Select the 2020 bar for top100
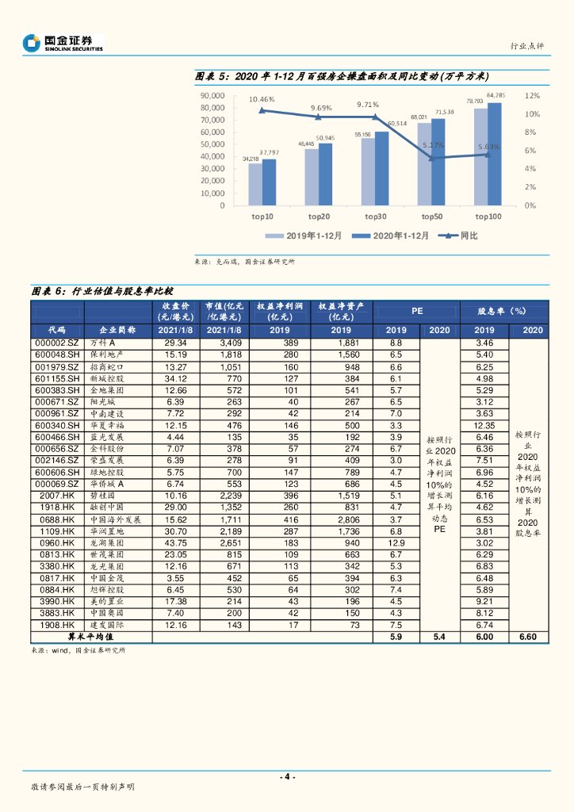[x=494, y=155]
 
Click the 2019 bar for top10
[x=254, y=185]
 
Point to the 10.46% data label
[x=262, y=99]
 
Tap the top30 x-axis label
[x=376, y=216]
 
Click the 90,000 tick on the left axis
[x=212, y=95]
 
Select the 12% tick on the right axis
[x=532, y=95]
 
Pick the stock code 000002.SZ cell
[x=57, y=343]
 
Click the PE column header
[x=417, y=312]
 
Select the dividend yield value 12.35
[x=484, y=425]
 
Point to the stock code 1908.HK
[x=57, y=626]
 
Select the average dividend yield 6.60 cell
[x=528, y=636]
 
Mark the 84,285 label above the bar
[x=496, y=96]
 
